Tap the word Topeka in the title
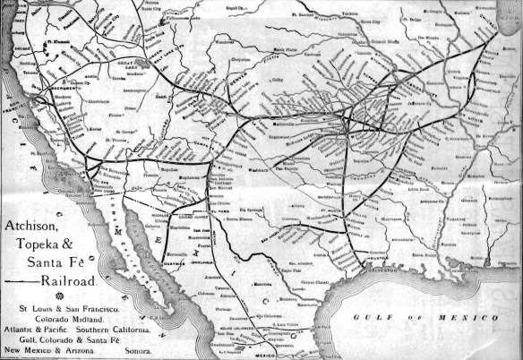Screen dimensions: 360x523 36,243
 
